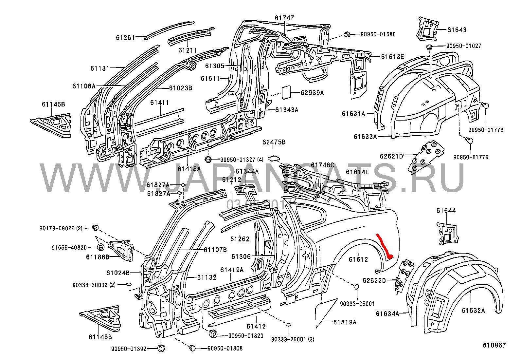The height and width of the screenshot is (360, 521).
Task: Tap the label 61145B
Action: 53,104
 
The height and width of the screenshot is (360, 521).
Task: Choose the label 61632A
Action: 473,311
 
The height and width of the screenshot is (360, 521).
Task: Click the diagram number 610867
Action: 494,345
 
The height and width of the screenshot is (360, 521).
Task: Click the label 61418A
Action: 189,169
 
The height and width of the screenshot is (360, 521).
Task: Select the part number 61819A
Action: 345,322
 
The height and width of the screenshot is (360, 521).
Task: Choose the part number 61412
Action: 256,326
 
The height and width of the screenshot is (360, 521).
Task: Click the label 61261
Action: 125,38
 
